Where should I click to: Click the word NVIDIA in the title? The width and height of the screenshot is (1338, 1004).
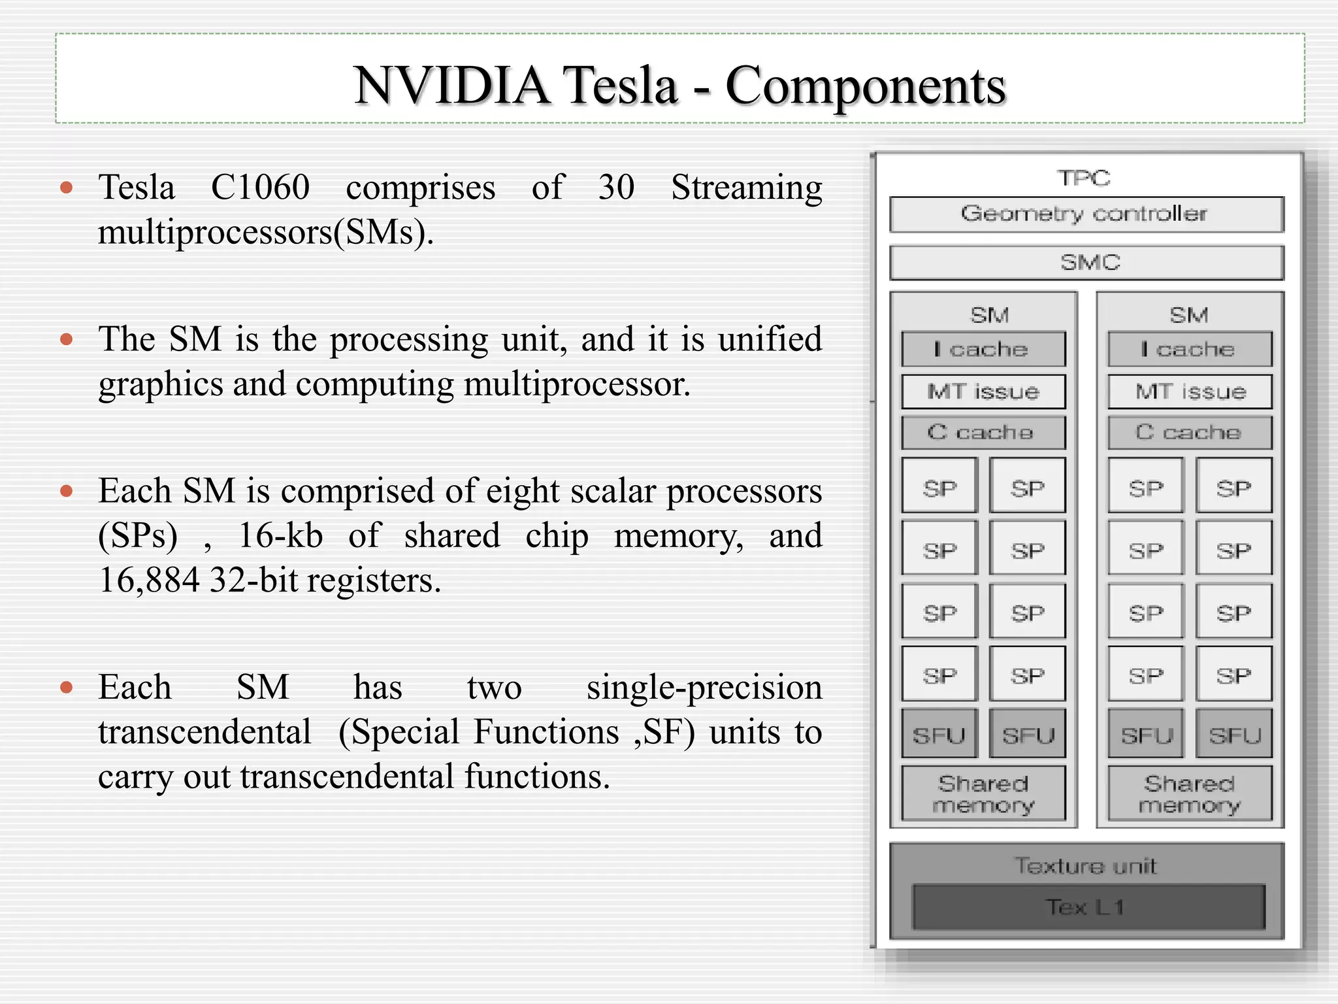coord(451,86)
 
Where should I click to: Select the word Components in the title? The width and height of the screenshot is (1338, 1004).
coord(866,86)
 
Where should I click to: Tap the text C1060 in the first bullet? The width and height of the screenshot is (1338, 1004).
coord(260,188)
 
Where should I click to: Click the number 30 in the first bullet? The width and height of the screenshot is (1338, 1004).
coord(616,188)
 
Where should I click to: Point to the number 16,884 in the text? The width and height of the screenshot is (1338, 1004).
coord(149,580)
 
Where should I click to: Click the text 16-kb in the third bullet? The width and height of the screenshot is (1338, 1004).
coord(280,536)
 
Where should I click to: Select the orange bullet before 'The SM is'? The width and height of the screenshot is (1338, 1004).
coord(66,339)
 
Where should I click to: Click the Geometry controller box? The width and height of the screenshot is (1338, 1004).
coord(1086,214)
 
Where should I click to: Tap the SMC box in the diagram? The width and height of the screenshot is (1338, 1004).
coord(1086,263)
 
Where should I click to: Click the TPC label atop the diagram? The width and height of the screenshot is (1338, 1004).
coord(1084,178)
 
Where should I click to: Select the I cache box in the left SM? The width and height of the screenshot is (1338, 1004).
coord(983,350)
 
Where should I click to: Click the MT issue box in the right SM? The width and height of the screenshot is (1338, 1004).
coord(1190,392)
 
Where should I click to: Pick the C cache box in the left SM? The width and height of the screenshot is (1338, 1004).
coord(983,433)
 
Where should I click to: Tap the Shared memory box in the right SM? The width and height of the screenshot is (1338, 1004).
coord(1190,794)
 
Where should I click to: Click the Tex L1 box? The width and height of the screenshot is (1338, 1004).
coord(1087,907)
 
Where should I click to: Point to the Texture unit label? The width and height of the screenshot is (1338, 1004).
coord(1085,866)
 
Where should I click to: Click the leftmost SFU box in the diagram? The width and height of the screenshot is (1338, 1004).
coord(939,735)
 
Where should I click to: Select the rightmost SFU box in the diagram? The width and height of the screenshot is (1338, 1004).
coord(1233,735)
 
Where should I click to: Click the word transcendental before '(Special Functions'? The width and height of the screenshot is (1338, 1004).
coord(204,732)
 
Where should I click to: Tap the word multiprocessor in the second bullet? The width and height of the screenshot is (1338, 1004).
coord(576,384)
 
